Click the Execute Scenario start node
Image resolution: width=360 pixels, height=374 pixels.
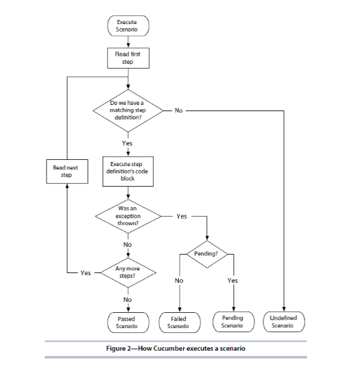128,27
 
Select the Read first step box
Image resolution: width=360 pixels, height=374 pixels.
128,57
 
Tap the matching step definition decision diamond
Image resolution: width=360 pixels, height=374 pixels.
128,110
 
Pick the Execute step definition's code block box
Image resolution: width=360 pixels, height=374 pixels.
128,171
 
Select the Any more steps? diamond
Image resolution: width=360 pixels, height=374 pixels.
128,272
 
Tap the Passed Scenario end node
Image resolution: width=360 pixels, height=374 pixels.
128,322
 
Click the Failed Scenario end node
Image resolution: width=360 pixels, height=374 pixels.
179,322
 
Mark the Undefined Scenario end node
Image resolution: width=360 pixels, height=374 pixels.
283,322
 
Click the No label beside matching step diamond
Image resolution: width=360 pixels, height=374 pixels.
178,110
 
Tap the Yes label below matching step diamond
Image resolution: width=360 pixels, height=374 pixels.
128,143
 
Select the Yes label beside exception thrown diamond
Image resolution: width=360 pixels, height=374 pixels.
181,215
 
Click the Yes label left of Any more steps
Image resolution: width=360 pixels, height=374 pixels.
85,272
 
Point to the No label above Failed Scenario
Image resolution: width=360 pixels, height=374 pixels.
179,280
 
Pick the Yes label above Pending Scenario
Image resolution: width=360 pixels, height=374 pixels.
232,280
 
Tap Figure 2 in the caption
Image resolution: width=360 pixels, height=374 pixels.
121,349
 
